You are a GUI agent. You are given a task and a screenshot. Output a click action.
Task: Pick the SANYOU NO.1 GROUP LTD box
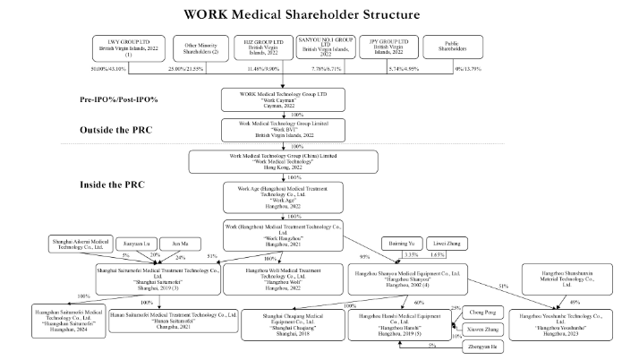tap(327, 47)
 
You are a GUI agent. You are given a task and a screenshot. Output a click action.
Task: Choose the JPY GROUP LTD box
tap(389, 47)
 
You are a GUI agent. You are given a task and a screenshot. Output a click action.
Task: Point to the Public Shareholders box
tap(452, 47)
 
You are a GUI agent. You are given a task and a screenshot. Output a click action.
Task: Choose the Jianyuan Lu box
tap(154, 243)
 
